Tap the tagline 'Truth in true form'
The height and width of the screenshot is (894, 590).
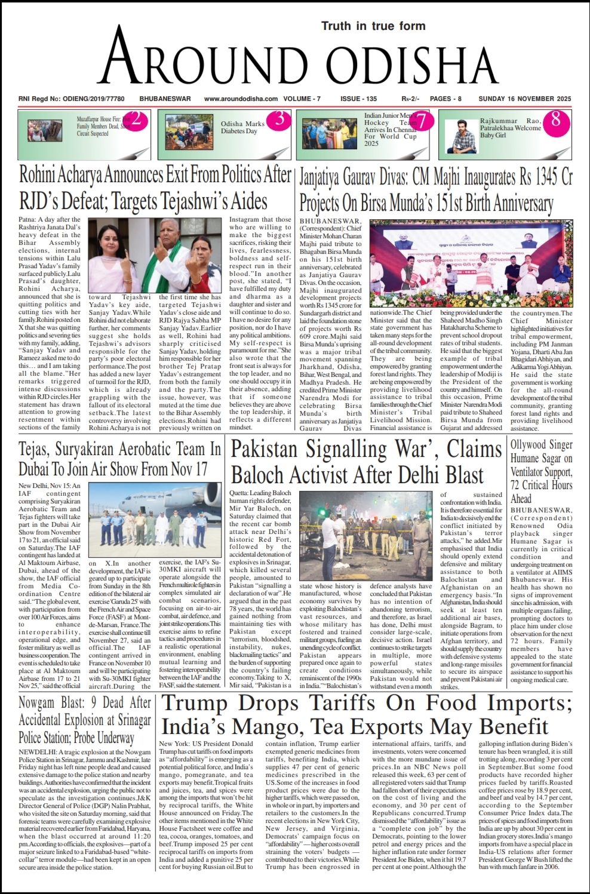tap(373, 26)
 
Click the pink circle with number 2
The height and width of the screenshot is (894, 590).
tap(136, 119)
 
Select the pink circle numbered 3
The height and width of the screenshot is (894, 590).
tap(279, 119)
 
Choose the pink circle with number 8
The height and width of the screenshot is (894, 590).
tap(556, 119)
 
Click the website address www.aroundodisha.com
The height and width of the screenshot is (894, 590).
tap(241, 99)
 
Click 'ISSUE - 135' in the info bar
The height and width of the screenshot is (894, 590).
tap(358, 99)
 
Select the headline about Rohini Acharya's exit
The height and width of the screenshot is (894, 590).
tap(155, 188)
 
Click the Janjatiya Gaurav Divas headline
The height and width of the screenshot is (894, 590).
tap(435, 191)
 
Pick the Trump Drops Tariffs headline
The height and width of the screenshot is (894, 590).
tap(367, 714)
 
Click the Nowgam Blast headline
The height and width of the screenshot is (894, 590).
tap(84, 720)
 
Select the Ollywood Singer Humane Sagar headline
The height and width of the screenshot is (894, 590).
tap(541, 471)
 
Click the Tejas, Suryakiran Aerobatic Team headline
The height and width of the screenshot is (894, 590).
tap(119, 458)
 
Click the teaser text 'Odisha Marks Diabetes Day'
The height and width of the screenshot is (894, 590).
tap(242, 127)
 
